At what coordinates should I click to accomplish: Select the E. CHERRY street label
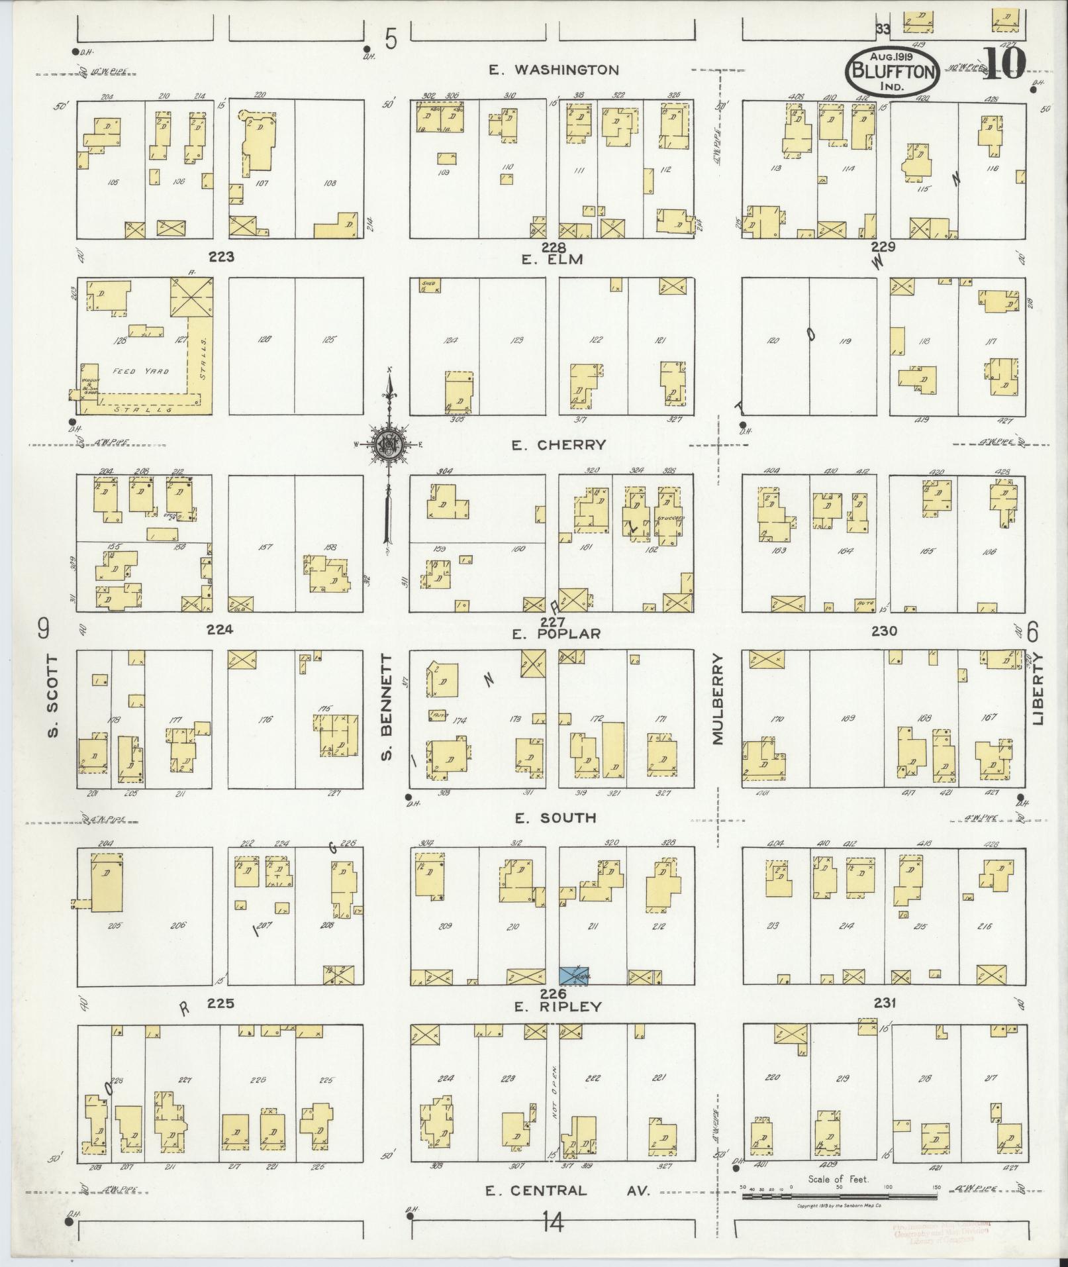click(x=558, y=445)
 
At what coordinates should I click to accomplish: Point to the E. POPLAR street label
click(x=556, y=634)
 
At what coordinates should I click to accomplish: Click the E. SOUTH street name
click(x=556, y=818)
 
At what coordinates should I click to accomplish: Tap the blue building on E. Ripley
click(x=575, y=976)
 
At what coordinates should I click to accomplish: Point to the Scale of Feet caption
click(x=838, y=1180)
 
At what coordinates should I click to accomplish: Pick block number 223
click(x=221, y=256)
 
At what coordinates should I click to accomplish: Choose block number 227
click(x=552, y=622)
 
